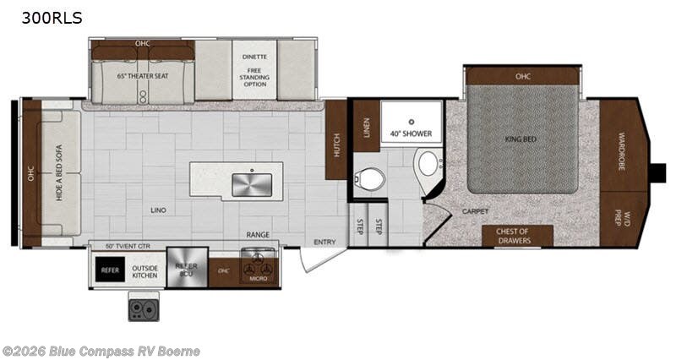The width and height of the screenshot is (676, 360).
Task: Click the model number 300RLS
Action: (x=42, y=18)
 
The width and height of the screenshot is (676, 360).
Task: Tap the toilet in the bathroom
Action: (x=369, y=178)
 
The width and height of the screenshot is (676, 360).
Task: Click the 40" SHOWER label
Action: (x=411, y=134)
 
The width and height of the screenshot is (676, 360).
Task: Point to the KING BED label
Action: (x=522, y=139)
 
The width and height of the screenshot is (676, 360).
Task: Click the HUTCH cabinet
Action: (x=336, y=140)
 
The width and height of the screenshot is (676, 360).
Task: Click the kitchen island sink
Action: (x=252, y=183)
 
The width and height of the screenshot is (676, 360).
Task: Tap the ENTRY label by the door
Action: (x=324, y=243)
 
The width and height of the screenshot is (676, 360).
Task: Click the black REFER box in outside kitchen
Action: (x=110, y=270)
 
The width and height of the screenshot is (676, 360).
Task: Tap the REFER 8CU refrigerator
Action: (x=187, y=269)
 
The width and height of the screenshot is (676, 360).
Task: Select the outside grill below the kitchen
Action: (x=143, y=307)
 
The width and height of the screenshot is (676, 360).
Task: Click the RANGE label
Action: (x=258, y=234)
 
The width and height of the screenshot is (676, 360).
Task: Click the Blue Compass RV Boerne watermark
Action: (x=101, y=351)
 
